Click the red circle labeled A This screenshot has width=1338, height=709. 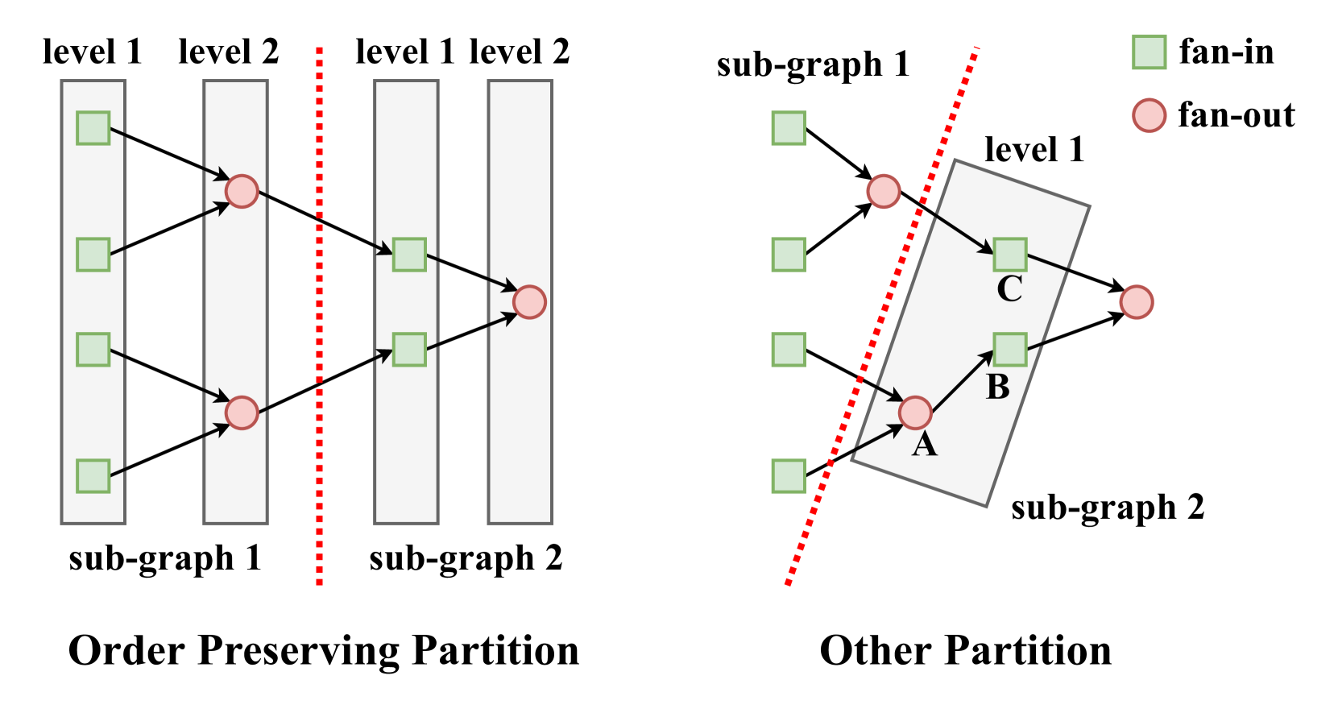point(915,413)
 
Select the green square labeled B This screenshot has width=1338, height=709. point(1009,350)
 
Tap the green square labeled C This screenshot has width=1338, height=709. point(1009,255)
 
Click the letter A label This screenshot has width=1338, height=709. point(924,444)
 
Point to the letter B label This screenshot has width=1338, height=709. point(998,388)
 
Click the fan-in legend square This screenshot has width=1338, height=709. point(1149,52)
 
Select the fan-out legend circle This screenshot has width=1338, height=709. point(1149,115)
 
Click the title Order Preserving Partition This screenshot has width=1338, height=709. point(324,650)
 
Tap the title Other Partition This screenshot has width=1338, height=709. point(965,650)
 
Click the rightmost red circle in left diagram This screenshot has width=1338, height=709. point(529,302)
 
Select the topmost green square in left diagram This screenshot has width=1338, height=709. point(93,128)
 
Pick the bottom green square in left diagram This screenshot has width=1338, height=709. point(93,475)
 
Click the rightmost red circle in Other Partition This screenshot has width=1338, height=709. point(1136,302)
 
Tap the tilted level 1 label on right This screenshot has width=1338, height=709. point(1034,151)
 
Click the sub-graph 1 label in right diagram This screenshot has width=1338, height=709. point(813,64)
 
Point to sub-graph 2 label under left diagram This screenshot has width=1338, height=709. point(466,558)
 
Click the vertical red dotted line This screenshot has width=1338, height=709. point(320,322)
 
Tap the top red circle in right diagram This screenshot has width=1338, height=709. point(883,192)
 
